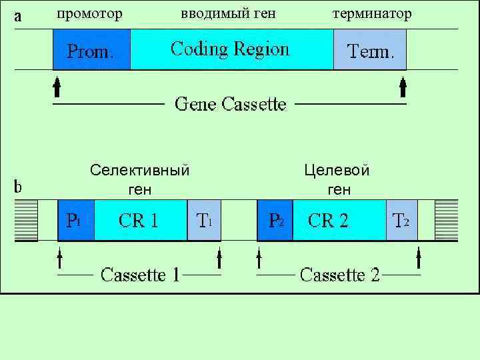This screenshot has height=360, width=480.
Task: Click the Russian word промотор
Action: pyautogui.click(x=89, y=13)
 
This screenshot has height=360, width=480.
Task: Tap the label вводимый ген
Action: pyautogui.click(x=228, y=13)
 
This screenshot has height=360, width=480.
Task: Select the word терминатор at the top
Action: pyautogui.click(x=371, y=13)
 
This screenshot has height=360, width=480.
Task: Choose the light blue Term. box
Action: pyautogui.click(x=369, y=50)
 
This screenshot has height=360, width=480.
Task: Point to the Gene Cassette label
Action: pyautogui.click(x=230, y=104)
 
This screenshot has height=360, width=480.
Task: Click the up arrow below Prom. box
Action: pyautogui.click(x=57, y=87)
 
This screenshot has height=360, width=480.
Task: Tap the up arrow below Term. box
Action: pyautogui.click(x=402, y=87)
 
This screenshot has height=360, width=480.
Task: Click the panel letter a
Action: pyautogui.click(x=18, y=17)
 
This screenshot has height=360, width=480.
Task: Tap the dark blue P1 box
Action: pyautogui.click(x=75, y=220)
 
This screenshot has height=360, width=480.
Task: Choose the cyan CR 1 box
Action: pyautogui.click(x=140, y=220)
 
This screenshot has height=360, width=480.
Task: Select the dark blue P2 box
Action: pyautogui.click(x=275, y=220)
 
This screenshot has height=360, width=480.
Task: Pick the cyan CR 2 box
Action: pyautogui.click(x=339, y=220)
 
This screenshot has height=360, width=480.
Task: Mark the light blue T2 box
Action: pyautogui.click(x=401, y=220)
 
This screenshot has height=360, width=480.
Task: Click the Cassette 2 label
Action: pyautogui.click(x=339, y=275)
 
